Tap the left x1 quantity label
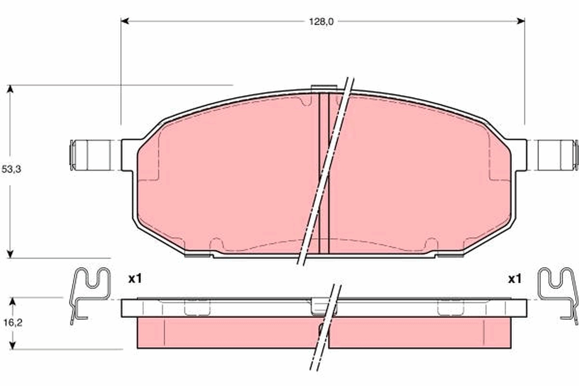pos(135,278)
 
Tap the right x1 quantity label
pos(515,278)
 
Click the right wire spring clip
pos(558,292)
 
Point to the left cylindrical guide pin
pos(90,155)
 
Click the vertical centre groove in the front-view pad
pos(324,174)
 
